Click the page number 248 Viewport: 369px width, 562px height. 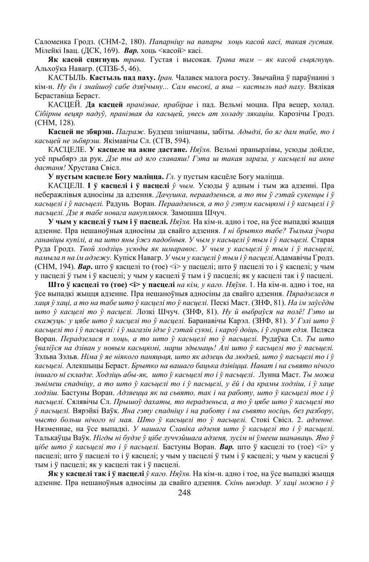(x=184, y=493)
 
